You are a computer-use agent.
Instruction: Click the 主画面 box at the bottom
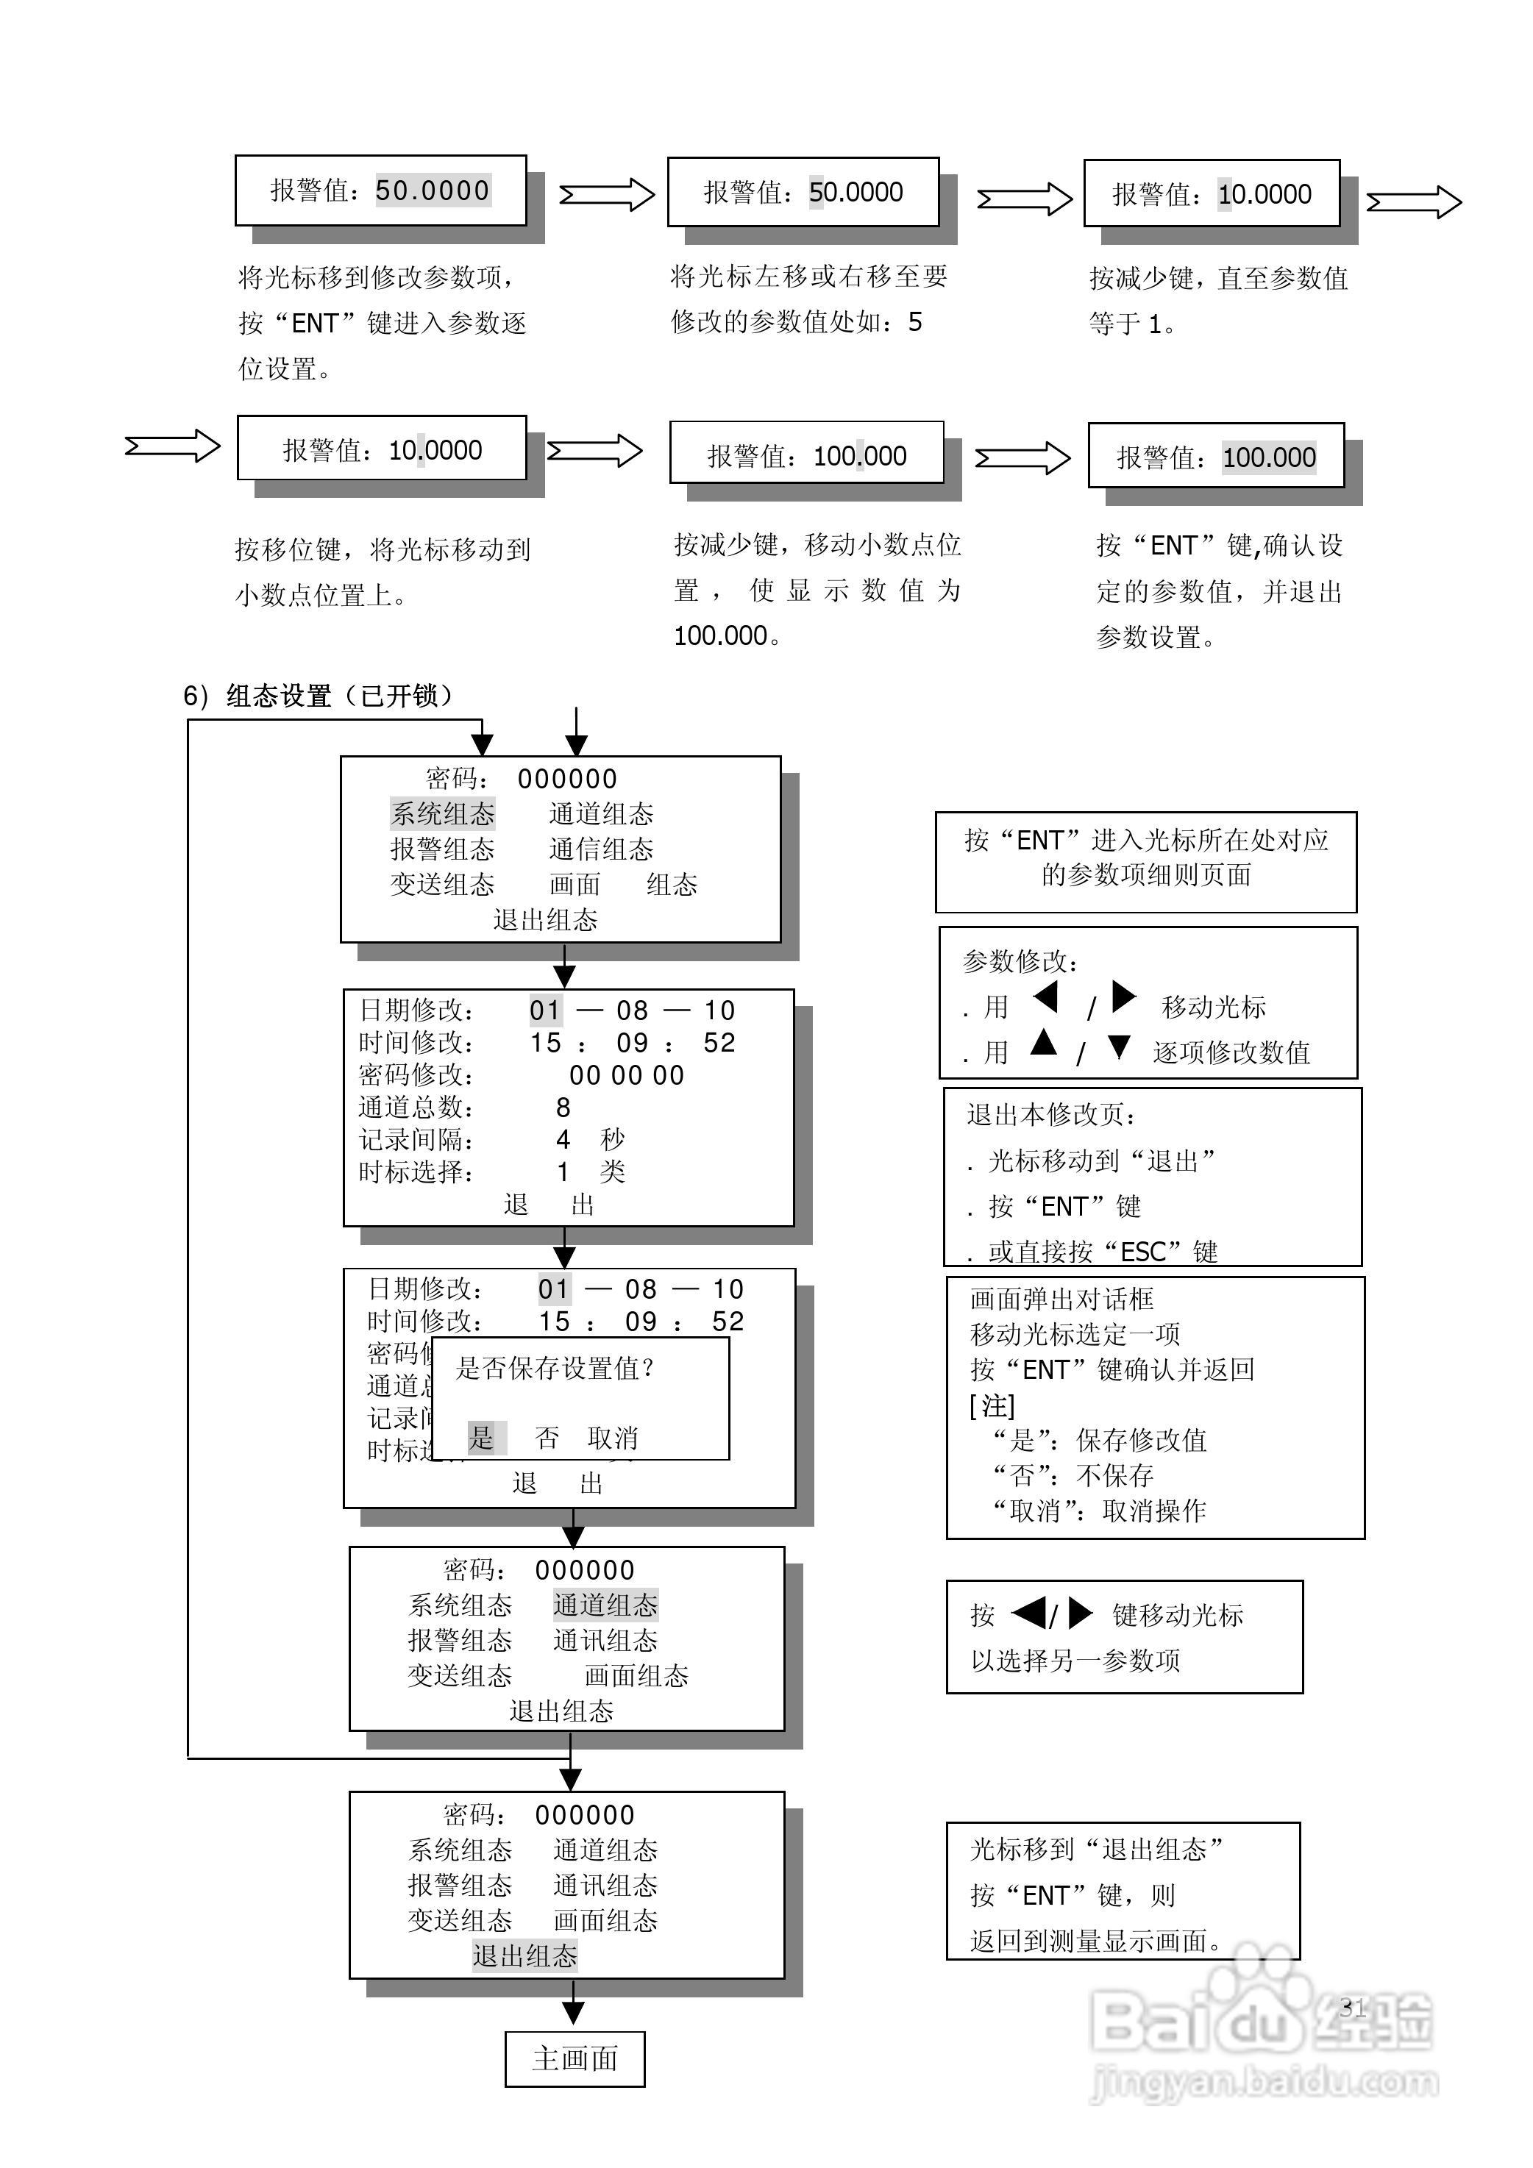pos(575,2058)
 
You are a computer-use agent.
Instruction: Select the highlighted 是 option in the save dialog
pos(482,1438)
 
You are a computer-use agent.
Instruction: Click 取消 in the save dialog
pos(612,1438)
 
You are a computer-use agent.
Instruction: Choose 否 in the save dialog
pos(546,1438)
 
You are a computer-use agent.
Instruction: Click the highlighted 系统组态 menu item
pos(443,814)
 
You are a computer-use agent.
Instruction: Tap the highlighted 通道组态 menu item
pos(605,1605)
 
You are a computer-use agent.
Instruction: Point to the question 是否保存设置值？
pos(555,1368)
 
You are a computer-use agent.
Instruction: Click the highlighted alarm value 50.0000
pos(433,190)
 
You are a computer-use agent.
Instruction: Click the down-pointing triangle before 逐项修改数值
pos(1120,1047)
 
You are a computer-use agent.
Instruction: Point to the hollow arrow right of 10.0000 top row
pos(1414,202)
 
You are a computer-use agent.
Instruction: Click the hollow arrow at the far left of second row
pos(172,446)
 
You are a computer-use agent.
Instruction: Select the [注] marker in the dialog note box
pos(992,1406)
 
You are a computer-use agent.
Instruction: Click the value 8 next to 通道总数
pos(563,1107)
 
